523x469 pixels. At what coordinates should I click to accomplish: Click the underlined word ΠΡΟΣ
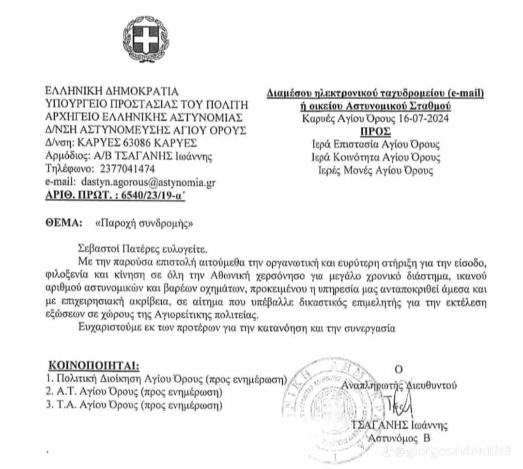pyautogui.click(x=376, y=131)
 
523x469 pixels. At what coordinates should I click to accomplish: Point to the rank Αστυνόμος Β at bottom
pyautogui.click(x=400, y=438)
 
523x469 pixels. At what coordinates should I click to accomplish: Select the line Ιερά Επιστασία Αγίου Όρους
pyautogui.click(x=376, y=145)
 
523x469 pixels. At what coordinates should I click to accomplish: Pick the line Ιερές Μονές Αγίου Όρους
pyautogui.click(x=376, y=171)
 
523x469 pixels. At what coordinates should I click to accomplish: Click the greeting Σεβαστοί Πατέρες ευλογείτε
pyautogui.click(x=142, y=250)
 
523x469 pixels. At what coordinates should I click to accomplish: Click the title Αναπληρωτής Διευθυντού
pyautogui.click(x=399, y=385)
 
